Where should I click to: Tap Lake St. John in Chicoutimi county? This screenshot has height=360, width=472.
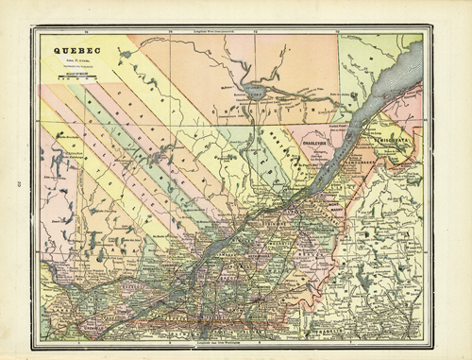tap(253, 95)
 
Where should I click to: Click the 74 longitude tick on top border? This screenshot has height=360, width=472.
tap(168, 36)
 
